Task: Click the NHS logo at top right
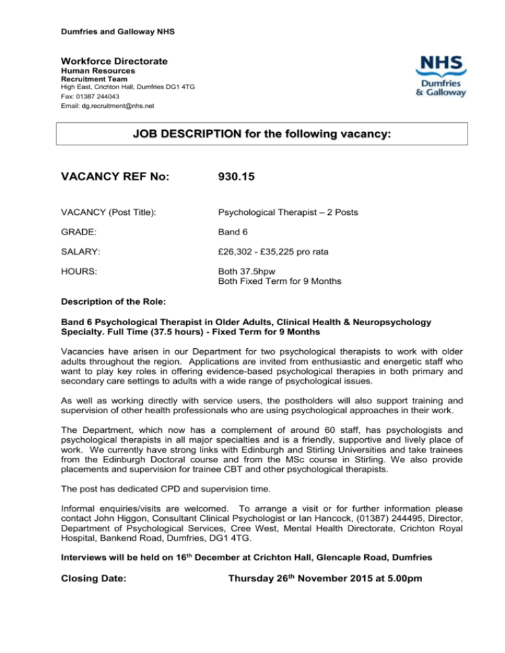[441, 76]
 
